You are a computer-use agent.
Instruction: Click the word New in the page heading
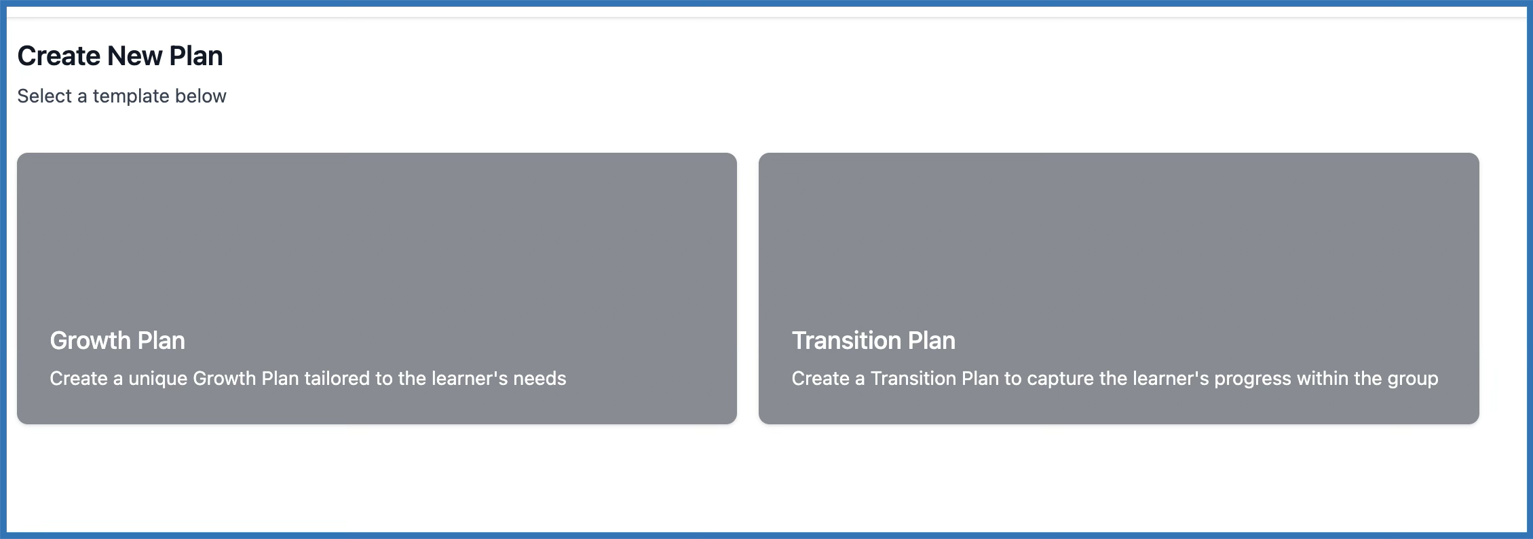pyautogui.click(x=134, y=56)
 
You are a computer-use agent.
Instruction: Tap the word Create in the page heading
pyautogui.click(x=59, y=56)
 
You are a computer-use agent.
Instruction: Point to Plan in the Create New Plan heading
pyautogui.click(x=196, y=56)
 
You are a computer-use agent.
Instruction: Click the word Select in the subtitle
pyautogui.click(x=44, y=96)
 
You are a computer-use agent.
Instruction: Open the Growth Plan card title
pyautogui.click(x=117, y=340)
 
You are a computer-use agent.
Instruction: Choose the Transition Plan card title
pyautogui.click(x=873, y=340)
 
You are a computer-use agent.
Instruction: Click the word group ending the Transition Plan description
pyautogui.click(x=1413, y=379)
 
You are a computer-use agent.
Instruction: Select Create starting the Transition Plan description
pyautogui.click(x=820, y=378)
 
